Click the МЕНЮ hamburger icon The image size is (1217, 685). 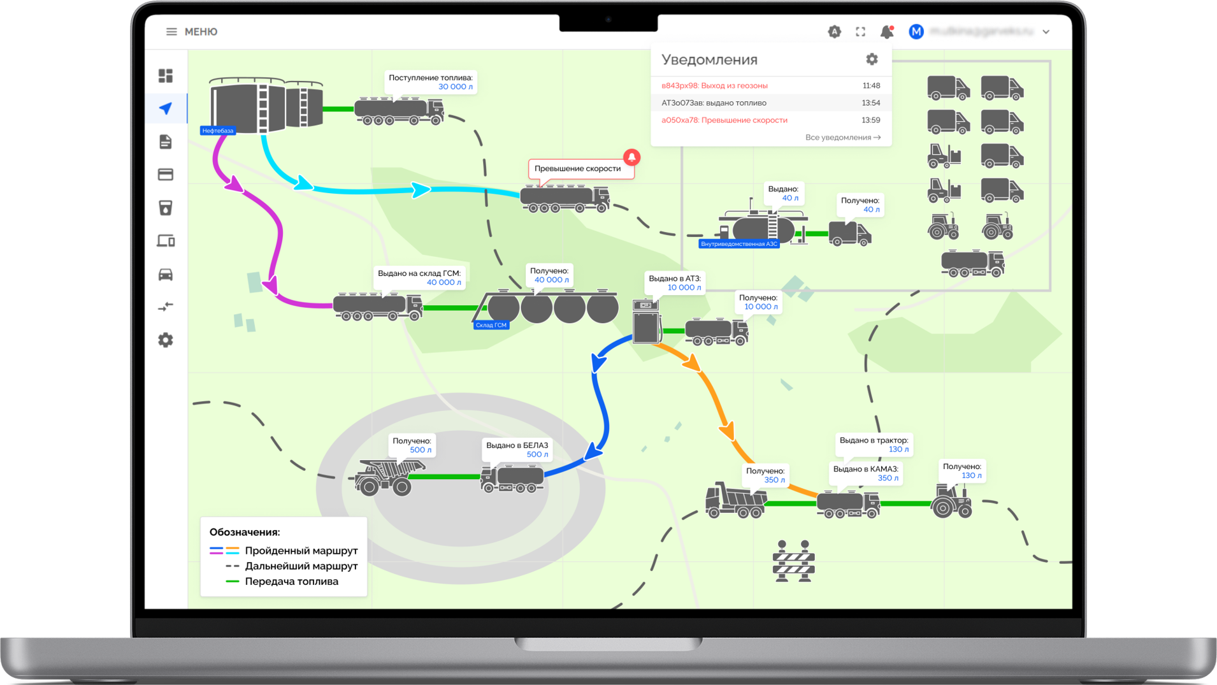pyautogui.click(x=171, y=32)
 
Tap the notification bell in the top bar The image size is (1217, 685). pyautogui.click(x=886, y=32)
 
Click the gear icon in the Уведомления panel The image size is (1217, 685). pyautogui.click(x=872, y=59)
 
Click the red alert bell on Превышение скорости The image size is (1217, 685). pyautogui.click(x=631, y=157)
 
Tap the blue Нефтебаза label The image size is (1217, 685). pyautogui.click(x=218, y=131)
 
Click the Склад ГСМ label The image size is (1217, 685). pyautogui.click(x=491, y=325)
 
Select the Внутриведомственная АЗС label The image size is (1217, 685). pyautogui.click(x=738, y=244)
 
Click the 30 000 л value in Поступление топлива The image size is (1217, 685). pyautogui.click(x=455, y=87)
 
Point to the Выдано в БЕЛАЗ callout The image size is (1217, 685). pyautogui.click(x=517, y=449)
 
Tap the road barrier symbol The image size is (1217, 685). pyautogui.click(x=793, y=561)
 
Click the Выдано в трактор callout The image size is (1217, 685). pyautogui.click(x=874, y=444)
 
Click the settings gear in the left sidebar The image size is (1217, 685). pyautogui.click(x=166, y=340)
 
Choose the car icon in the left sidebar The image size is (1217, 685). pyautogui.click(x=166, y=274)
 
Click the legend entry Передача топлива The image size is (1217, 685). pyautogui.click(x=291, y=581)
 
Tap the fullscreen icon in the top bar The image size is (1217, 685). pyautogui.click(x=860, y=32)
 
